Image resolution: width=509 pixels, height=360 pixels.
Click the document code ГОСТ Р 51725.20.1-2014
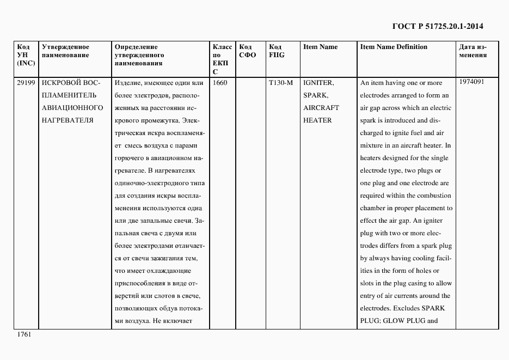tap(438, 26)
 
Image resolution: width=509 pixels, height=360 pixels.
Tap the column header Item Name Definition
tap(394, 47)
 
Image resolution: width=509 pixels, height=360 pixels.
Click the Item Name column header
tap(320, 47)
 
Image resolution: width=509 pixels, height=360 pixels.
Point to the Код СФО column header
tap(248, 51)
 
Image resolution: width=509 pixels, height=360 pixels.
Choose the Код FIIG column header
tap(277, 51)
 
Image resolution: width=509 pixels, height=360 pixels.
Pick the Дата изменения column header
tap(473, 51)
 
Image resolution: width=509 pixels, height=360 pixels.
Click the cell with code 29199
tap(26, 83)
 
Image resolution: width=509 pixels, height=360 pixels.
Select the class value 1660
tap(220, 83)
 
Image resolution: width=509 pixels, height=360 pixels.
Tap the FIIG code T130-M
tap(281, 83)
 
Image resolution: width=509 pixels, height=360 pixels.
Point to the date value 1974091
tap(471, 82)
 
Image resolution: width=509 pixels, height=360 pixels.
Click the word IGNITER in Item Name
tap(318, 83)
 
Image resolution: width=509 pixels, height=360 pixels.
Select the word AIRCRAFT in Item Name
tap(321, 108)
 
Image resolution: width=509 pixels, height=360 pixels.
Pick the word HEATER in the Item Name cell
tap(317, 120)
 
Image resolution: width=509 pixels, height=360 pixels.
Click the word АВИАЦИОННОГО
tap(72, 108)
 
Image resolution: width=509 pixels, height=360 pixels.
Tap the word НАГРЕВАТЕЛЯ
tap(68, 120)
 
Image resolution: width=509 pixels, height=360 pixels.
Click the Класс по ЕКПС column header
tap(222, 59)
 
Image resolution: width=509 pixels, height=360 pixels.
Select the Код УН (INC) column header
tap(26, 54)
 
